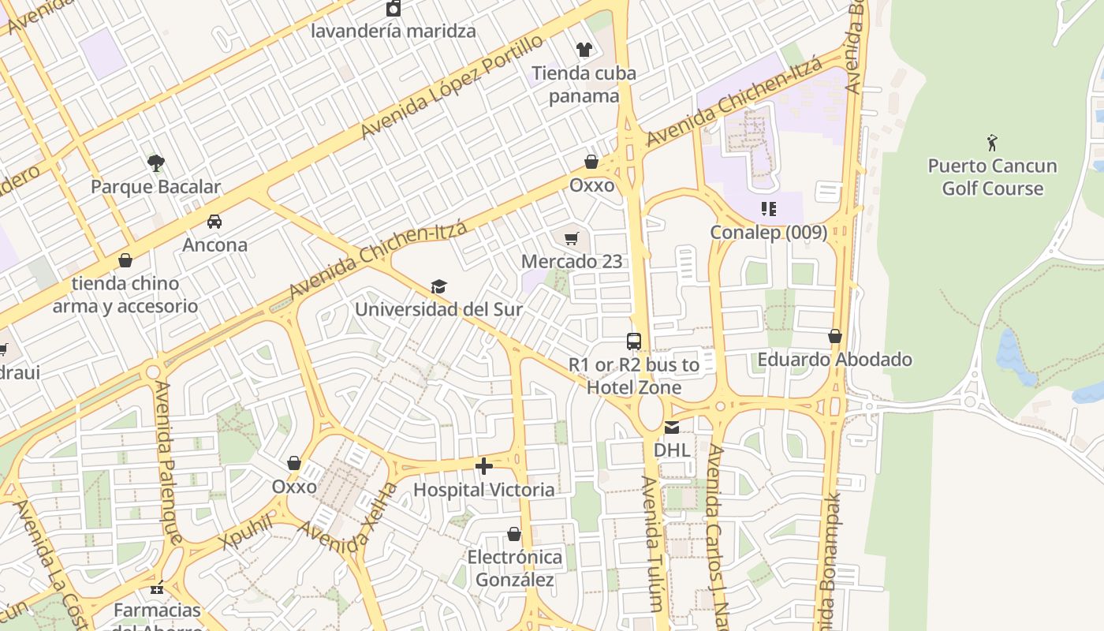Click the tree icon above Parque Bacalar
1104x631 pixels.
(x=156, y=163)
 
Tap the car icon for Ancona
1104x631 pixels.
(x=214, y=222)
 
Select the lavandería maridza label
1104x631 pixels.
(x=393, y=32)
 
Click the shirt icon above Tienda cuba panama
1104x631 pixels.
(x=584, y=50)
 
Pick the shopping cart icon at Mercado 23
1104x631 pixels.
(x=572, y=238)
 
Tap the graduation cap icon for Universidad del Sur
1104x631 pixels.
(x=438, y=286)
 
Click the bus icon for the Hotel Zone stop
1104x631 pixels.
(x=633, y=342)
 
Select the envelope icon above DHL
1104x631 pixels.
(x=671, y=428)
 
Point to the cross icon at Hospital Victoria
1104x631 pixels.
(x=484, y=466)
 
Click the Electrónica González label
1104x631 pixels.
(x=515, y=569)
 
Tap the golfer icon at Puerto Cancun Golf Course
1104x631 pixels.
(x=992, y=143)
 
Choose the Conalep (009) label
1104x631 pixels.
(x=768, y=233)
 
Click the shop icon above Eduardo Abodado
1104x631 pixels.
(x=835, y=337)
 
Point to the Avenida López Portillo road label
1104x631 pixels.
(x=451, y=87)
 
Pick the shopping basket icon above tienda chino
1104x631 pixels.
(x=125, y=260)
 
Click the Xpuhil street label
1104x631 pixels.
(x=247, y=531)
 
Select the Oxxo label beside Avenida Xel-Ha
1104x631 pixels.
(x=294, y=487)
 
